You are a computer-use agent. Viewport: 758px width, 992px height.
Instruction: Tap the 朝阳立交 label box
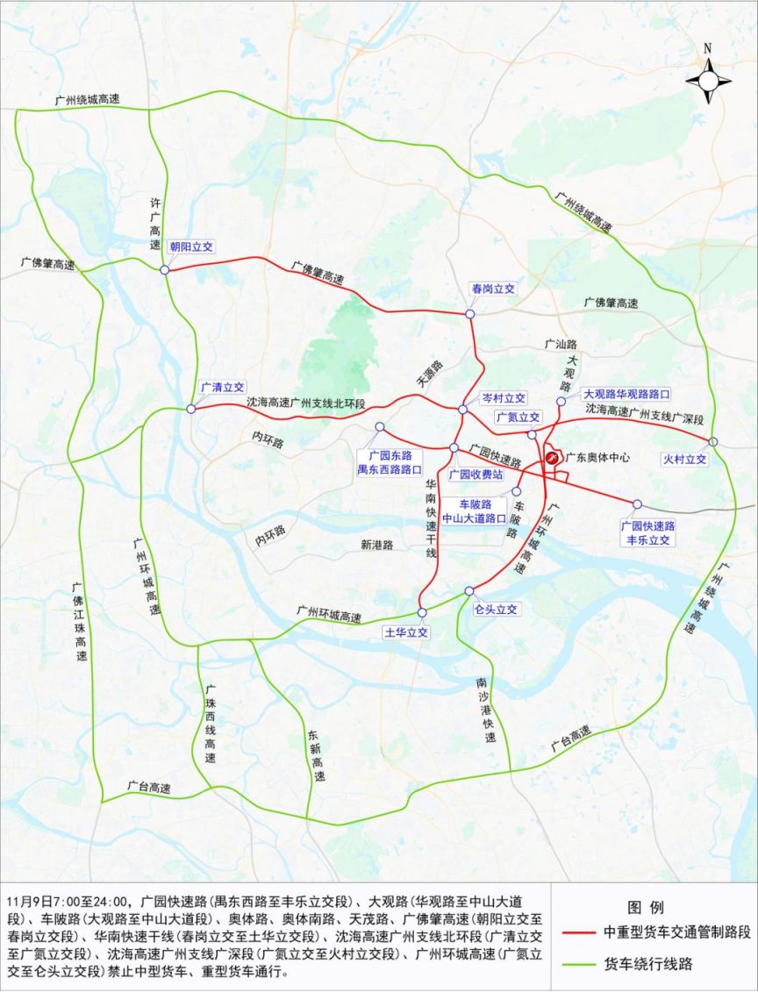[191, 247]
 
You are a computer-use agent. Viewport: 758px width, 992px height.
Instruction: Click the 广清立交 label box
[222, 386]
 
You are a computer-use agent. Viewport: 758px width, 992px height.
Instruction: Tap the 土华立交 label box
[406, 632]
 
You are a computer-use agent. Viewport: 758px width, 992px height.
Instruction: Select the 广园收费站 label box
[475, 475]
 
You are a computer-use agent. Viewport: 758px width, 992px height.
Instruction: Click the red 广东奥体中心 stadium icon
[553, 456]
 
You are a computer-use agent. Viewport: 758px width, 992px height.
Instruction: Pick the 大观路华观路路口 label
[626, 395]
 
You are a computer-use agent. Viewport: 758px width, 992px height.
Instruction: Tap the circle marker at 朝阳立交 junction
[166, 269]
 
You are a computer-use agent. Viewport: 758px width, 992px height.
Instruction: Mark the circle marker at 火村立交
[714, 441]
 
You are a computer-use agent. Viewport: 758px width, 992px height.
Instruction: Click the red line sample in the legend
[579, 931]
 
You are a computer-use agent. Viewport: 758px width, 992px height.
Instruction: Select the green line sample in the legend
[579, 964]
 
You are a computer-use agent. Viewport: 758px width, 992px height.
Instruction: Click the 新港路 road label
[376, 545]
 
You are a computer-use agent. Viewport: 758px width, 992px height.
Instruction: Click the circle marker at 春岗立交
[470, 313]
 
